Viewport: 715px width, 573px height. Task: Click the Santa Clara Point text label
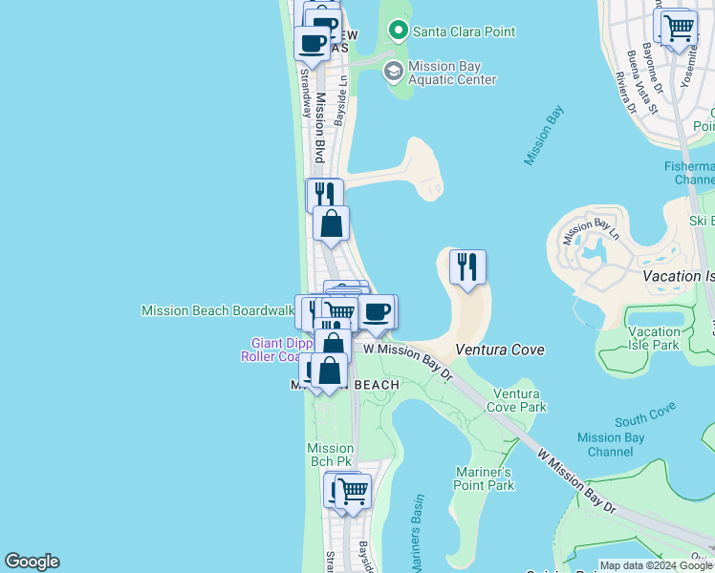tap(464, 32)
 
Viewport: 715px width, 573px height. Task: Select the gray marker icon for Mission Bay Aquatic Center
tap(393, 72)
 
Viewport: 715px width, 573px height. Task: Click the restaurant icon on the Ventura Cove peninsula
tap(467, 265)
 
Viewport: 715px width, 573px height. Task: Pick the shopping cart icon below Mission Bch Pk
tap(352, 492)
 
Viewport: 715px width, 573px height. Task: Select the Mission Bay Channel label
tap(611, 444)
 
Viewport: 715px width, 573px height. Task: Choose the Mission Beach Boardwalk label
tap(217, 310)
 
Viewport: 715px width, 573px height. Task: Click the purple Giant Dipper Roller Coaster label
tap(277, 350)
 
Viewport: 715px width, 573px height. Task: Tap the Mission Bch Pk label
tap(330, 455)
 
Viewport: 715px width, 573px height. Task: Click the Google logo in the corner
tap(32, 562)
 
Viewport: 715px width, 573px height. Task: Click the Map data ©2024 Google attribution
tap(656, 565)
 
